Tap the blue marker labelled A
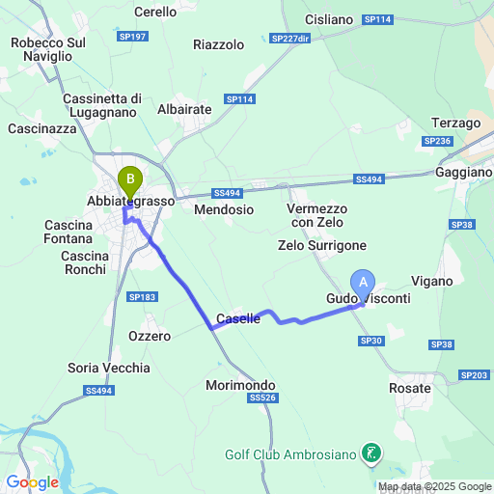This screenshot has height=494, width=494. click(363, 281)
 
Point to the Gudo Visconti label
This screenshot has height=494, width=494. click(368, 299)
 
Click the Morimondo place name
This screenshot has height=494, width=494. click(240, 384)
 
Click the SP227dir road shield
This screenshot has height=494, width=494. click(290, 39)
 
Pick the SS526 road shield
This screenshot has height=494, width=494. click(262, 398)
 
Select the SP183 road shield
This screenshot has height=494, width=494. click(141, 297)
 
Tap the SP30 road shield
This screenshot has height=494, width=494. click(371, 341)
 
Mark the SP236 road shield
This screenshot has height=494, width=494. click(437, 141)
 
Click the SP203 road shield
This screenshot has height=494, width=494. click(475, 374)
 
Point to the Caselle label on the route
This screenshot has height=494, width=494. click(238, 318)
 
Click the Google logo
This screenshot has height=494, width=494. click(32, 481)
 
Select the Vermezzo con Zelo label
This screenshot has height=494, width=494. click(316, 215)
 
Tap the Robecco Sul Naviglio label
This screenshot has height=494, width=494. click(54, 49)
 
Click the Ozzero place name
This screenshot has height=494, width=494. click(150, 336)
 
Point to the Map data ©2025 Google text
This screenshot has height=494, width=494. click(434, 486)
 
